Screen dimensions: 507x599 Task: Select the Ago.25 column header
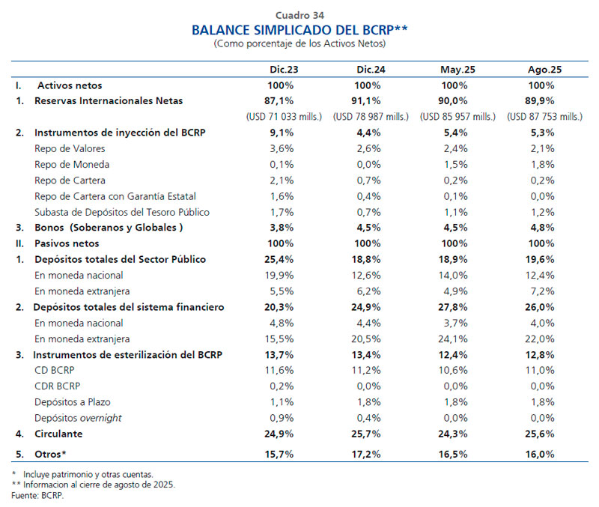(544, 70)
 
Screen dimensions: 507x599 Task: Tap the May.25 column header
(457, 70)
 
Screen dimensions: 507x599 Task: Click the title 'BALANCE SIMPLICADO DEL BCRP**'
(299, 30)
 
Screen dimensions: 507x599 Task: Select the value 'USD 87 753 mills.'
(544, 116)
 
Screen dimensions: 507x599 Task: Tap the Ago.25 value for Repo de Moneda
(544, 164)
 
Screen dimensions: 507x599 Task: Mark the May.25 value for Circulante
(457, 434)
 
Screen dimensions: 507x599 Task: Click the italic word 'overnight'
(101, 418)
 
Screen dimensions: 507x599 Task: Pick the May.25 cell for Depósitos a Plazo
(457, 402)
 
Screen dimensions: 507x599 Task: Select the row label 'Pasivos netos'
(67, 243)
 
